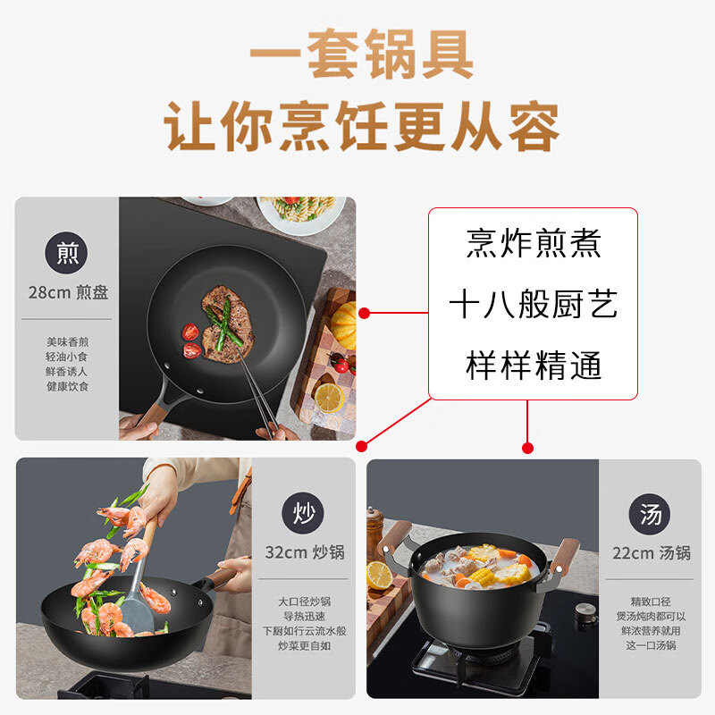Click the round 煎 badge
tap(66, 253)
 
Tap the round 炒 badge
tap(303, 513)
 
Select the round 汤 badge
tap(650, 514)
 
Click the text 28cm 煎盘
tap(68, 292)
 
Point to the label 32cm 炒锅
tap(305, 552)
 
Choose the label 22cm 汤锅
tap(652, 553)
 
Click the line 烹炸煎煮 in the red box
tap(533, 243)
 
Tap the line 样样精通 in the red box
tap(534, 366)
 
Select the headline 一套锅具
tap(362, 54)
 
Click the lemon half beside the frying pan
tap(328, 398)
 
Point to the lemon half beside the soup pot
tap(379, 575)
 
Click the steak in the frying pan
tap(228, 324)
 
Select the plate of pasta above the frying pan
tap(300, 214)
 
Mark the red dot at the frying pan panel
tap(364, 314)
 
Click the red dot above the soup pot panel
tap(527, 449)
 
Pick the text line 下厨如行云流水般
tap(304, 631)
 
